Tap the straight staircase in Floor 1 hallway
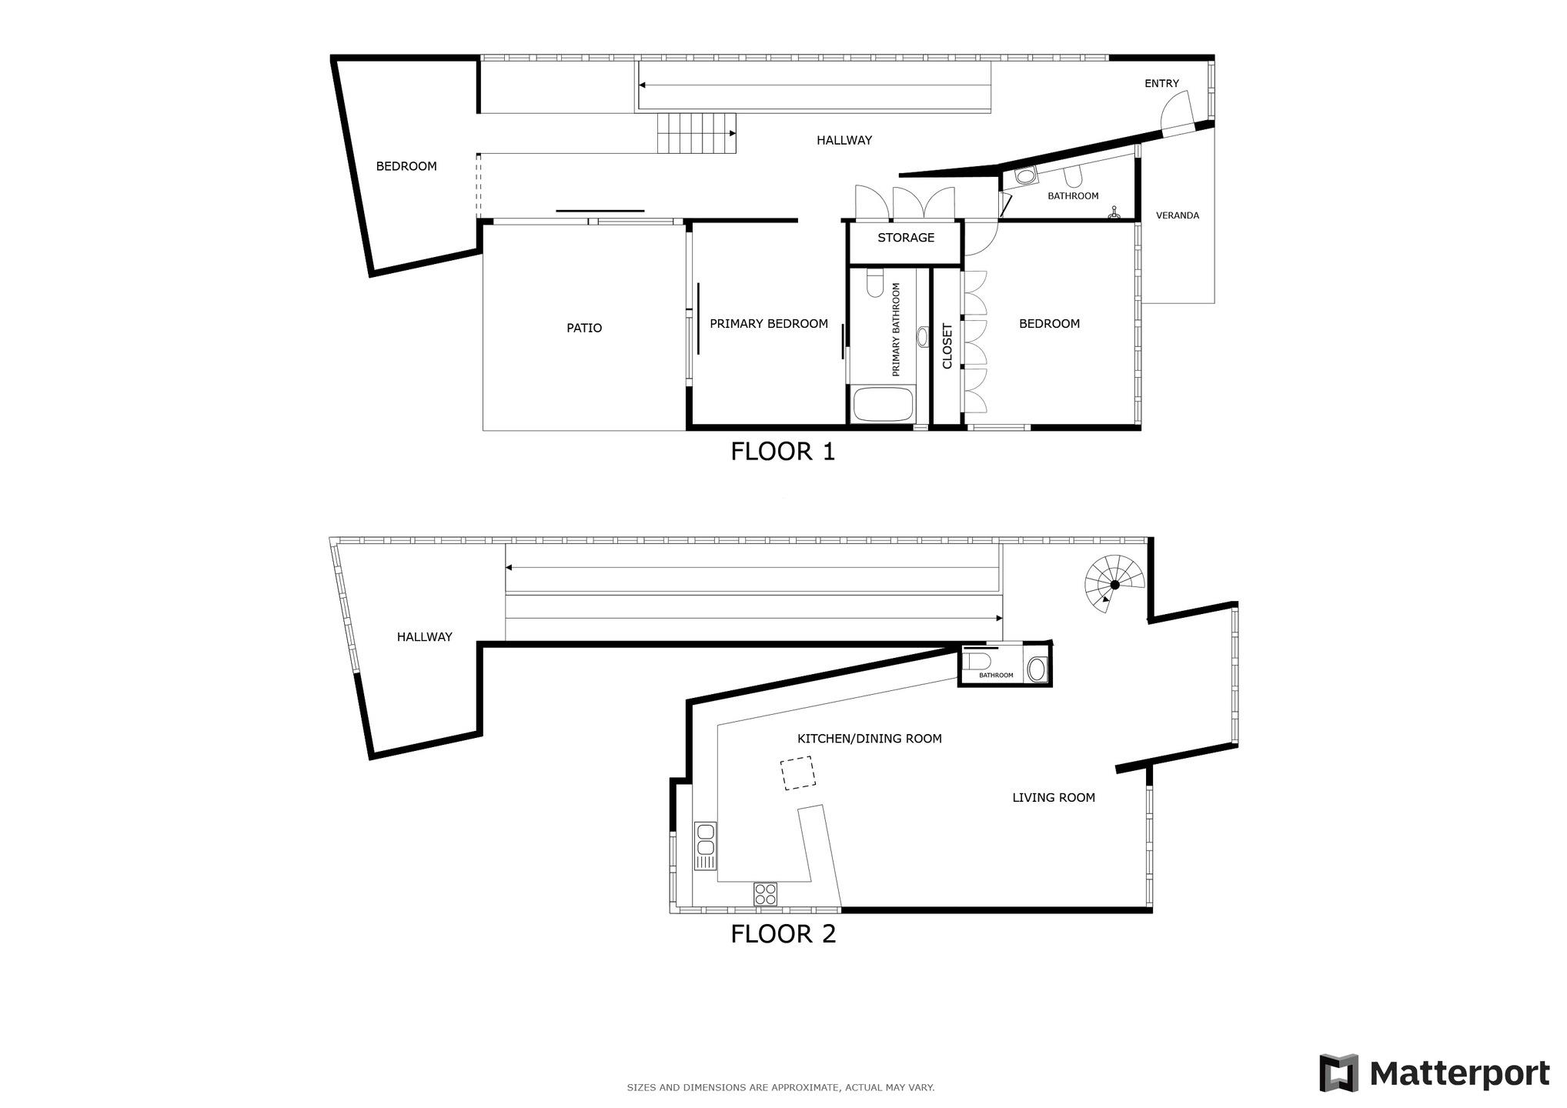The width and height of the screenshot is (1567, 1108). (x=697, y=133)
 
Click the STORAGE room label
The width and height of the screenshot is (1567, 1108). (x=906, y=238)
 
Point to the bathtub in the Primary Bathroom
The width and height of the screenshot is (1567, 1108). (x=883, y=404)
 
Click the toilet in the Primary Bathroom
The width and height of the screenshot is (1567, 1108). (x=875, y=284)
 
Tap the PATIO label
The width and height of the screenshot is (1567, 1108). (x=584, y=328)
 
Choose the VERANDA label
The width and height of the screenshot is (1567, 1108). (x=1178, y=215)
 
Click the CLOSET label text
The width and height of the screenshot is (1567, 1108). (x=947, y=345)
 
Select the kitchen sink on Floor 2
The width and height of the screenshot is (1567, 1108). (x=705, y=846)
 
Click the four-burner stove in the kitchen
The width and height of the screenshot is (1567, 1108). (x=766, y=894)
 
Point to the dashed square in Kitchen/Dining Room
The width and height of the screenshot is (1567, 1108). (x=798, y=773)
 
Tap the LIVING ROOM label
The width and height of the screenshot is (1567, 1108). (x=1053, y=798)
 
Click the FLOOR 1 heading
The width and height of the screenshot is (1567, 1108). (x=783, y=452)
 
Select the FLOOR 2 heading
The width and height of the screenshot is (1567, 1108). (x=783, y=934)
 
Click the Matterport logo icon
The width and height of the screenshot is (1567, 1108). (x=1338, y=1073)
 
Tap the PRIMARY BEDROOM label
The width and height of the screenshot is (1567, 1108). (x=768, y=324)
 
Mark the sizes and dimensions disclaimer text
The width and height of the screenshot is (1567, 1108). (x=780, y=1087)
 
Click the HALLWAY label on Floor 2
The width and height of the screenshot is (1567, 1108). (x=424, y=637)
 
